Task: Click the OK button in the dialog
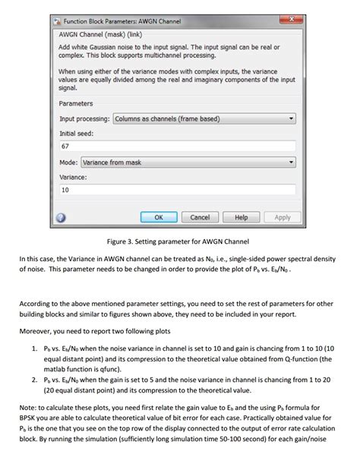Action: (159, 217)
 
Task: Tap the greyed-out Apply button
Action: (282, 217)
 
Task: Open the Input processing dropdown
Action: (204, 119)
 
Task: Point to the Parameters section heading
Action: (76, 103)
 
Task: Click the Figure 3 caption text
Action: (178, 243)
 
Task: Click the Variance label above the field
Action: (73, 176)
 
